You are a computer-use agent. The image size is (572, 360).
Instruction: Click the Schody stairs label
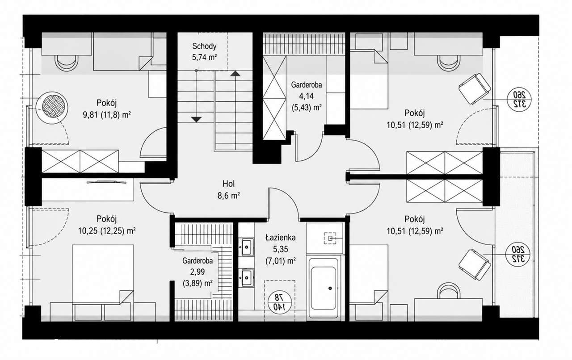point(204,46)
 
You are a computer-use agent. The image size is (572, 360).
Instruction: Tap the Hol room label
point(228,184)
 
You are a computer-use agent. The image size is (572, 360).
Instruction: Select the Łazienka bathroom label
point(280,238)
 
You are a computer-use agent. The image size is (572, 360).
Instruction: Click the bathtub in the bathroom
point(324,288)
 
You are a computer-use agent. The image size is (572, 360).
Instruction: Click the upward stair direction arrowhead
point(235,74)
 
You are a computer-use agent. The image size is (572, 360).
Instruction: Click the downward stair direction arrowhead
point(196,119)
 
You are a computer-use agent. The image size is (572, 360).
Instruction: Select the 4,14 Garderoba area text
point(306,96)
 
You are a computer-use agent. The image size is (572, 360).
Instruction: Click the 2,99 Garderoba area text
point(198,272)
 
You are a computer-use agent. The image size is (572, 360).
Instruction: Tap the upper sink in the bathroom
point(246,247)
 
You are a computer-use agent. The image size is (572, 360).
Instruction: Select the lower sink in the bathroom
point(246,277)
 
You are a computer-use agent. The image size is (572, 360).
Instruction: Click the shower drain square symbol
point(330,239)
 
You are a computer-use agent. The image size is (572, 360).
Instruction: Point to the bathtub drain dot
point(330,288)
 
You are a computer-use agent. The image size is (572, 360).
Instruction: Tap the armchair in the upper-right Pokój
point(475,88)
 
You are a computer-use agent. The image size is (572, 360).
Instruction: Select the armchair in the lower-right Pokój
point(475,264)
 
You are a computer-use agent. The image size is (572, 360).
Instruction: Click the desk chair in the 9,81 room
point(67,63)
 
